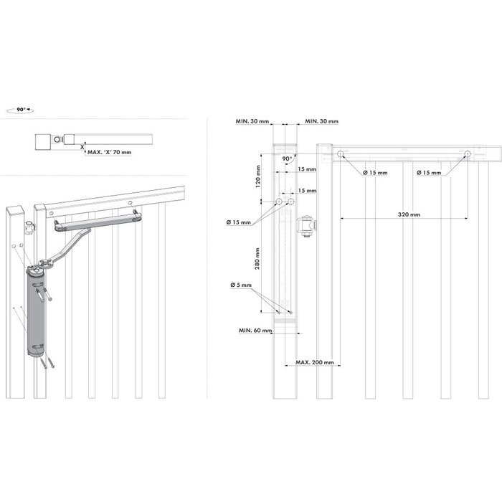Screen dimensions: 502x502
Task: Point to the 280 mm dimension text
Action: (257, 255)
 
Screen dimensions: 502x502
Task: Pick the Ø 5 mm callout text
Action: (242, 285)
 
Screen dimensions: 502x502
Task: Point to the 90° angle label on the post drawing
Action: (286, 158)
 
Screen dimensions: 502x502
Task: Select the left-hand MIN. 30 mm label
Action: (252, 123)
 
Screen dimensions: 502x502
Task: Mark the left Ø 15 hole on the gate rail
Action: (341, 153)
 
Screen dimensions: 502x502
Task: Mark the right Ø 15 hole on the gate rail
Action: (468, 153)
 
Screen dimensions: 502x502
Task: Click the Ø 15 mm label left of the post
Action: (241, 222)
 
